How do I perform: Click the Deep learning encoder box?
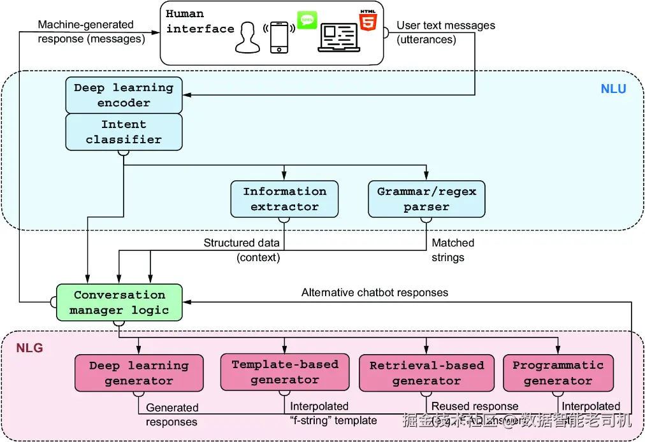pos(124,95)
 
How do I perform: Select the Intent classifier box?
pos(124,132)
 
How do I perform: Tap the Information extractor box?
pos(284,199)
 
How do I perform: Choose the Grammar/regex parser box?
pos(426,199)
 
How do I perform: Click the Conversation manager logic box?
pos(119,303)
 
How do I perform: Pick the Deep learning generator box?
pos(139,373)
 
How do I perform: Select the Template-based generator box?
pos(285,372)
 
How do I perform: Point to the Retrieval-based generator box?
pos(426,373)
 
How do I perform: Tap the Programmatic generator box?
pos(558,373)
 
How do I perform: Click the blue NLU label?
pos(613,89)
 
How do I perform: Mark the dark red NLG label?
pos(29,348)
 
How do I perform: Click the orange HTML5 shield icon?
pos(368,22)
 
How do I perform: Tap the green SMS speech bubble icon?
pos(307,20)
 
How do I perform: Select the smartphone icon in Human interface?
pos(279,38)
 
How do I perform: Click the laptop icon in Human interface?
pos(339,38)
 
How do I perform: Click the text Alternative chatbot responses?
pos(375,293)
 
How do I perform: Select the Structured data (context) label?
pos(242,250)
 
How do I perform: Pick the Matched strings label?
pos(453,250)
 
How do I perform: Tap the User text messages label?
pos(446,32)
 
